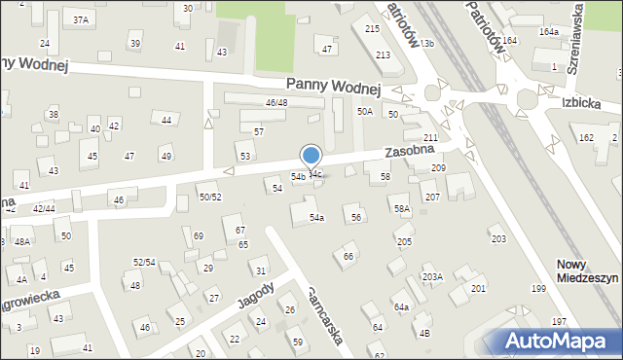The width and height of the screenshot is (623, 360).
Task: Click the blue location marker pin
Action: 311,157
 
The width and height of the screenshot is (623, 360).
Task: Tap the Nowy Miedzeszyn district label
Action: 587,270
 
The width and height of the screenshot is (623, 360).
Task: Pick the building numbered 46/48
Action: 276,102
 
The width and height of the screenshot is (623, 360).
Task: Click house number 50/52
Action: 210,197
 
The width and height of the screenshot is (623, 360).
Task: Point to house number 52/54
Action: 144,262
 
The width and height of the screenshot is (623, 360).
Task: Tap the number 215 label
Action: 372,29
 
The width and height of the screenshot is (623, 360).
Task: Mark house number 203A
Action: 432,276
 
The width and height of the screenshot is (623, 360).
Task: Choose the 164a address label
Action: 550,32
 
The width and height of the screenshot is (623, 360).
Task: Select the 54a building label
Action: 316,217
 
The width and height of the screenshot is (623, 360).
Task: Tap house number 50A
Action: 365,112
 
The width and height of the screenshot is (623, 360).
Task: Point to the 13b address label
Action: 426,44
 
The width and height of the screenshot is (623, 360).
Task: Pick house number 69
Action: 199,235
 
